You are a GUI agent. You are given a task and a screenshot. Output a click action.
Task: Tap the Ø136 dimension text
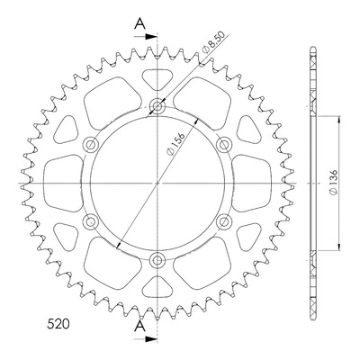coord(334,183)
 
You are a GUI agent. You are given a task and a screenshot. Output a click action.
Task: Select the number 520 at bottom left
coord(58,324)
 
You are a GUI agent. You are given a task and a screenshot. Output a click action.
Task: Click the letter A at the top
coord(139,23)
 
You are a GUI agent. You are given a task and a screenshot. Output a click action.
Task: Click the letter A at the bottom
coord(139,326)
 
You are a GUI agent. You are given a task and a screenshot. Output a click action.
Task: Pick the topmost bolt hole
coord(157,105)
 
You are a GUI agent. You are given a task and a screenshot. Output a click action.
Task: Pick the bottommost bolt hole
coord(157,260)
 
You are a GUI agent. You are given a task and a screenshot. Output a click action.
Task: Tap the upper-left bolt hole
coord(90,145)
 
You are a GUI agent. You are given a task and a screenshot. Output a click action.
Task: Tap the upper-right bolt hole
coord(224,145)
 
